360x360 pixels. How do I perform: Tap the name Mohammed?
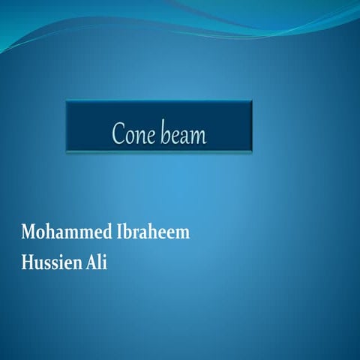pos(65,232)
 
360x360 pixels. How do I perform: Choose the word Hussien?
pos(52,263)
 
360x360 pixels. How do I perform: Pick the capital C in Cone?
pos(118,135)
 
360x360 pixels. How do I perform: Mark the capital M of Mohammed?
pos(28,232)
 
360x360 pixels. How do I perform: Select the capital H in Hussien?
pos(28,263)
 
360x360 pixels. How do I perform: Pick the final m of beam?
pos(199,137)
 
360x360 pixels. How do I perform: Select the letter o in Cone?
pos(128,137)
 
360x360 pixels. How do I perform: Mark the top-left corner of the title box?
pos(67,101)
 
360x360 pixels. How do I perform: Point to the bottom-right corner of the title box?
pos(251,150)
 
